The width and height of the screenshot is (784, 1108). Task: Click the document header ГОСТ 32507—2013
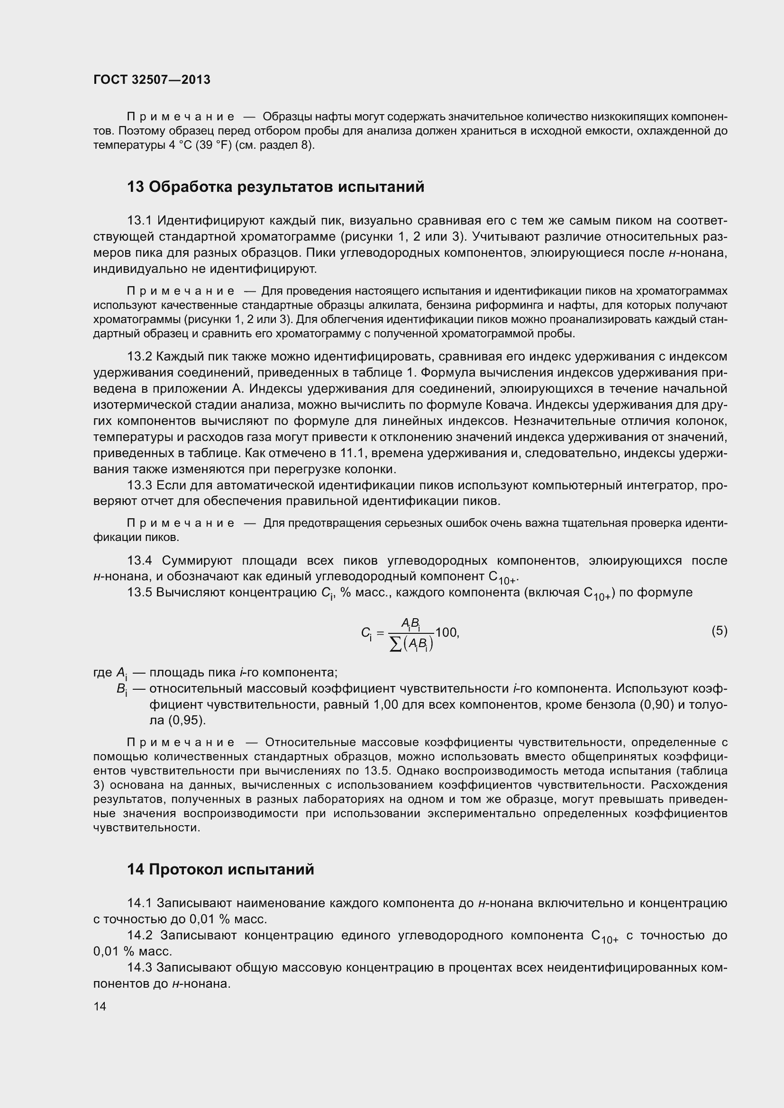(152, 80)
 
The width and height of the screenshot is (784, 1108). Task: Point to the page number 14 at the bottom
(100, 1006)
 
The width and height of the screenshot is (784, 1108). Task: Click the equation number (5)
(719, 631)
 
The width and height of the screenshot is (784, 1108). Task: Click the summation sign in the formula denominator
(395, 645)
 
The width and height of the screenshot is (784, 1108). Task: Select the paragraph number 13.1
(139, 221)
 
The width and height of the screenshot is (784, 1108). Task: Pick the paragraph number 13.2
(139, 357)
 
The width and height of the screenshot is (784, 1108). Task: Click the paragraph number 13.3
(139, 485)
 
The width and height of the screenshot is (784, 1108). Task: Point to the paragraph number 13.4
(139, 560)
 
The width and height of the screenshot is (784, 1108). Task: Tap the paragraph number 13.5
(139, 592)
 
